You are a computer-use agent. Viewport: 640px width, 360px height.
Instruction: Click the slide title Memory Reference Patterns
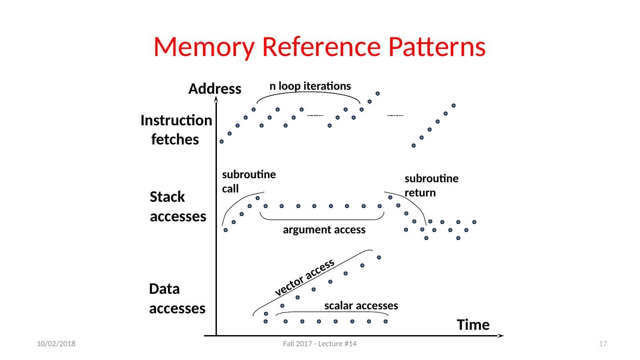[320, 47]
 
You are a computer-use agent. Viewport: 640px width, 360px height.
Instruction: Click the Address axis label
[215, 88]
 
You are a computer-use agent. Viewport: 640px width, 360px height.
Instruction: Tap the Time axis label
[473, 325]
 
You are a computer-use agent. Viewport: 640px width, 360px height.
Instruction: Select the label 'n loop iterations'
[310, 86]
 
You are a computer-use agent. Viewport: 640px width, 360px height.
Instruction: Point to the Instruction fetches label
[176, 130]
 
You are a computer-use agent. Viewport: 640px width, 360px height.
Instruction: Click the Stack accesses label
[178, 206]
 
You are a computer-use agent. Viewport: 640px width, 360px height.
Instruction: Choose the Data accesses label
[177, 299]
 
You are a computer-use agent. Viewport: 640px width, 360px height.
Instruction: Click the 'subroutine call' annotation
[249, 181]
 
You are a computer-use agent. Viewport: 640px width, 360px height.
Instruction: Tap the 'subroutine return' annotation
[432, 185]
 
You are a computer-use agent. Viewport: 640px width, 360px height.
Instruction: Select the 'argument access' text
[324, 230]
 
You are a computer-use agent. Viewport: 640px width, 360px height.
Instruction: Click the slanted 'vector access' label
[304, 277]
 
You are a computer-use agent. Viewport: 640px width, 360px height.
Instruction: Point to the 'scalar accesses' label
[361, 306]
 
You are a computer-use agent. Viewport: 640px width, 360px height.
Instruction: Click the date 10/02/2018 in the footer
[56, 344]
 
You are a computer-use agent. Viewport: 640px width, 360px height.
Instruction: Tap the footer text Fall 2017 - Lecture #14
[320, 344]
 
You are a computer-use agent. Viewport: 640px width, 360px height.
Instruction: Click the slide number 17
[603, 344]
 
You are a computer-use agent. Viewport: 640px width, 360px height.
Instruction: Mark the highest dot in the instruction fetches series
[377, 93]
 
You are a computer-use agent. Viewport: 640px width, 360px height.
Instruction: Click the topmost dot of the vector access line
[379, 257]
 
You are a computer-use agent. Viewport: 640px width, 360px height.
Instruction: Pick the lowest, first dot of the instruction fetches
[221, 141]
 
